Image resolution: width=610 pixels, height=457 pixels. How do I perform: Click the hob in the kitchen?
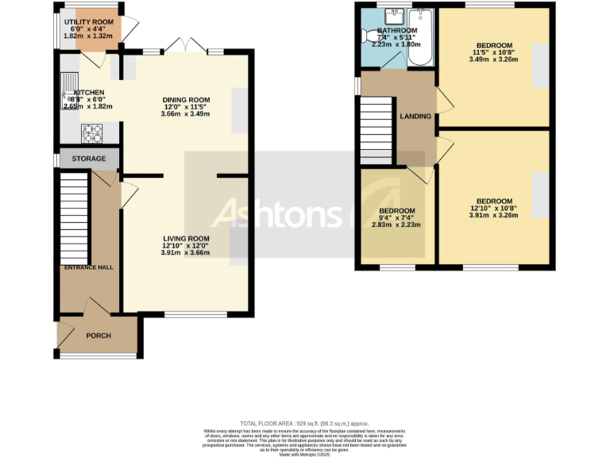point(92,132)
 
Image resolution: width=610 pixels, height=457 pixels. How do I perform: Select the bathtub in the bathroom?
point(421,38)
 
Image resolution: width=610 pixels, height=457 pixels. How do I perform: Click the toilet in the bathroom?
point(371,36)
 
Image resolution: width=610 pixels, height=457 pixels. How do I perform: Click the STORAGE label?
point(89,159)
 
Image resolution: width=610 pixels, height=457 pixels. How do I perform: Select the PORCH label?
point(98,336)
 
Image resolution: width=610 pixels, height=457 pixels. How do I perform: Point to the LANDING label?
point(415,117)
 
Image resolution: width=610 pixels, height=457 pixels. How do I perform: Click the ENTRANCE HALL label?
point(89,267)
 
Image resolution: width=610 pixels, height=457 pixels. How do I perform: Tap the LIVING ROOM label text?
point(187,239)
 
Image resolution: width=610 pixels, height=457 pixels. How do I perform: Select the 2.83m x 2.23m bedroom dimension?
point(396,225)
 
